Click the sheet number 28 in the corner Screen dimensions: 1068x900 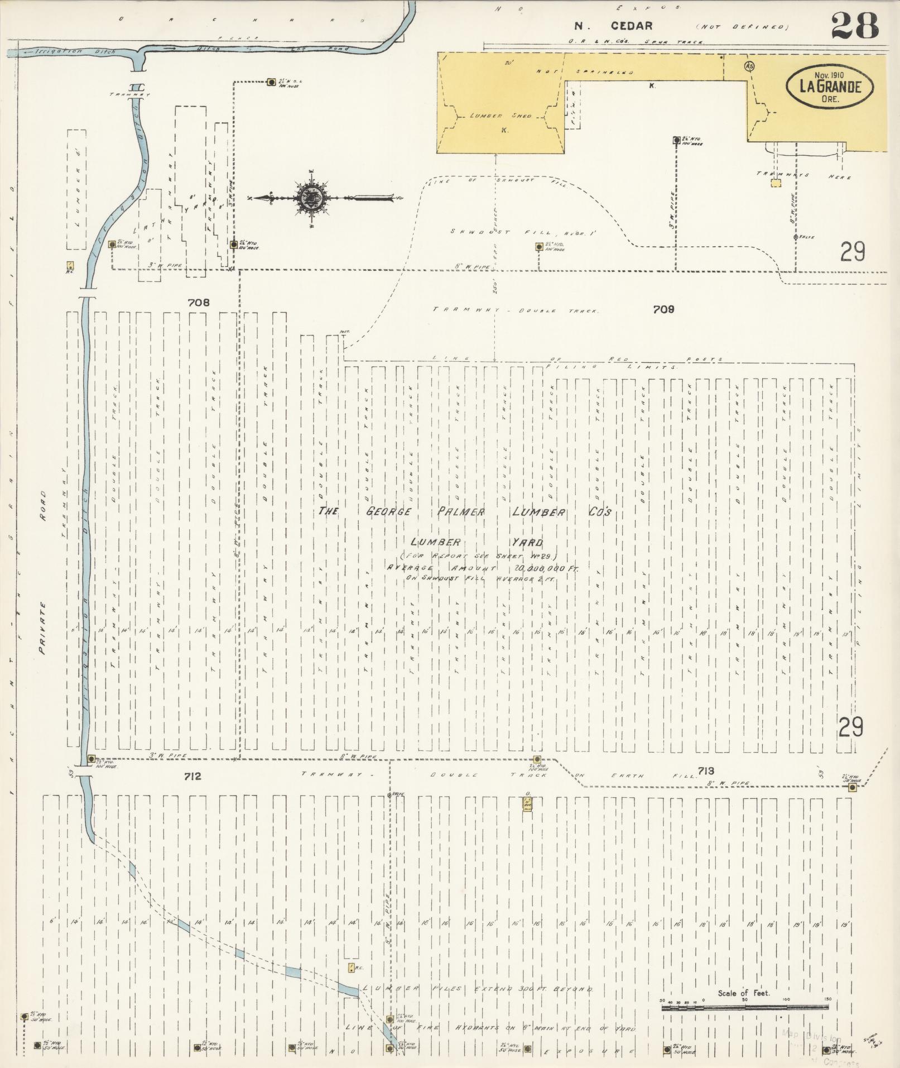tap(854, 26)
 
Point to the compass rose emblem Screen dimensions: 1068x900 tap(310, 198)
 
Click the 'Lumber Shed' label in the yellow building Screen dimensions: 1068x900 tap(500, 116)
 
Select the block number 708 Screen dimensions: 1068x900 tap(199, 303)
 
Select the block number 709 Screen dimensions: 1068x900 tap(663, 309)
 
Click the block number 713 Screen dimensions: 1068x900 tap(705, 771)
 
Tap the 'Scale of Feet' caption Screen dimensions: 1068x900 tap(744, 993)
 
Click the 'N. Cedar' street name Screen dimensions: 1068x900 tap(614, 26)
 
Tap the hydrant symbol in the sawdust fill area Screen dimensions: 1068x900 tap(539, 246)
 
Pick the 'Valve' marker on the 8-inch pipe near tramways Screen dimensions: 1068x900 tap(796, 237)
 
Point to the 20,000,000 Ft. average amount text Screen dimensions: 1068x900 tap(547, 567)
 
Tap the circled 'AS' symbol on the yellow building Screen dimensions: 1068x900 tap(750, 66)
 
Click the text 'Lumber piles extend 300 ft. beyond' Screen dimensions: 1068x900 tap(477, 989)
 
